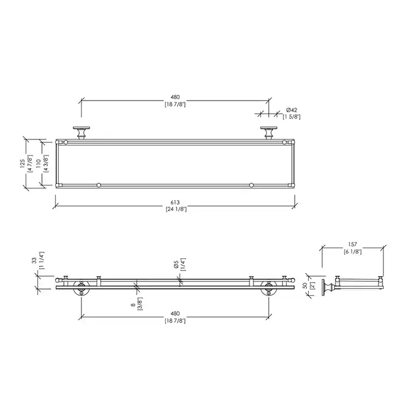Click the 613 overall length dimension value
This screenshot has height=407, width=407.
(x=175, y=202)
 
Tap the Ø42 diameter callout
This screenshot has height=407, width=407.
(x=291, y=110)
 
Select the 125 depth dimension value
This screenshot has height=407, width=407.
(x=23, y=163)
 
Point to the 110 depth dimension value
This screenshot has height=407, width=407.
(x=38, y=163)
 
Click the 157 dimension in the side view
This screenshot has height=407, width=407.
(x=352, y=244)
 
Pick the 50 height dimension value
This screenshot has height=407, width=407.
(x=305, y=285)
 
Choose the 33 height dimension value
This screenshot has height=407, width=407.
(x=34, y=260)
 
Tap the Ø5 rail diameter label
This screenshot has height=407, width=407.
(x=176, y=265)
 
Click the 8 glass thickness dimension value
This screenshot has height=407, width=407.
(x=133, y=305)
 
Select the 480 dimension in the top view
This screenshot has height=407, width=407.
(x=175, y=97)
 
